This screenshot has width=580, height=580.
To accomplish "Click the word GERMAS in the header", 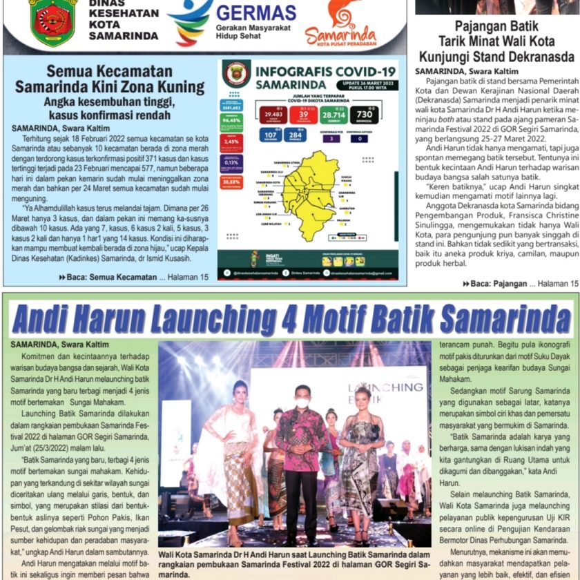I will pos(256,13).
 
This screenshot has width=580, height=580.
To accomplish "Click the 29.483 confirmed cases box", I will pos(273,115).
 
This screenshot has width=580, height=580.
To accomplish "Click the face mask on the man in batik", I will pos(302,401).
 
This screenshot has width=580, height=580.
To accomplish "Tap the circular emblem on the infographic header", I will pos(236,74).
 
